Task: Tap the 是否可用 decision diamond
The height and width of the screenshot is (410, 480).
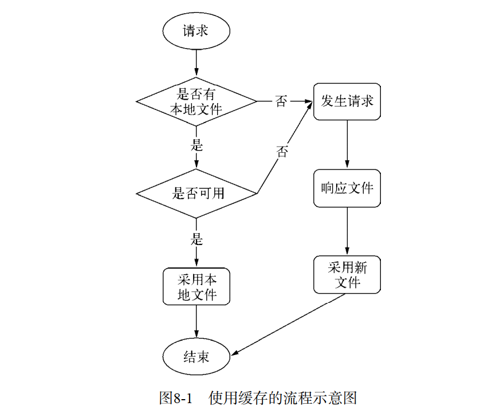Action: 196,193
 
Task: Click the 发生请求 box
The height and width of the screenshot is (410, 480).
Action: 347,102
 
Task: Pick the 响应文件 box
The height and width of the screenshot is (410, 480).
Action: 347,188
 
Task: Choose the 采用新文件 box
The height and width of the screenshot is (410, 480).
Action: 347,275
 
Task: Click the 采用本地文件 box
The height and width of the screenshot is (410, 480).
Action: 196,287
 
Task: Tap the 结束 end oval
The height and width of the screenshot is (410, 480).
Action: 196,357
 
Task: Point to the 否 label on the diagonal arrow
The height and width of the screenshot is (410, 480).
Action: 282,152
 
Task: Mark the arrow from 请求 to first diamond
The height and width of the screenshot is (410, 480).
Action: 196,63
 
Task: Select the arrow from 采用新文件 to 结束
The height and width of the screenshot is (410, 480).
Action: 286,324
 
